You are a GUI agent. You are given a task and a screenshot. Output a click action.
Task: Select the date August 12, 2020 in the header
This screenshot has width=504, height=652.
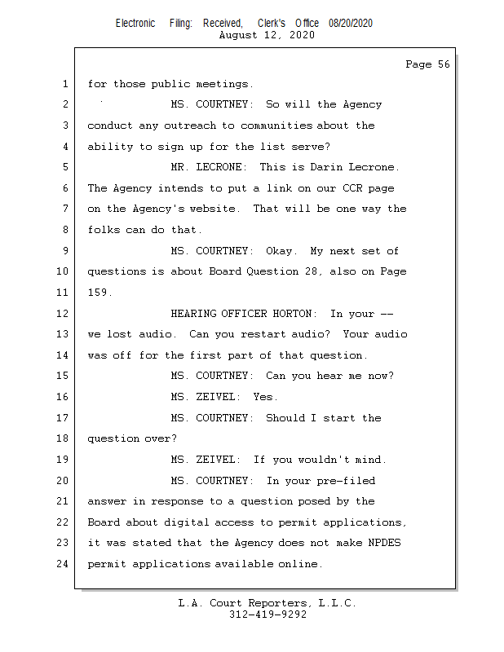coord(267,35)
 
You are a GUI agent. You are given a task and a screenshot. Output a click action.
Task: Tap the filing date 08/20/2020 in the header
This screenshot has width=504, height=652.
coord(351,24)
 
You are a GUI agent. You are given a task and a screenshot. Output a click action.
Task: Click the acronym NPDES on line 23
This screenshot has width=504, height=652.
coord(385,543)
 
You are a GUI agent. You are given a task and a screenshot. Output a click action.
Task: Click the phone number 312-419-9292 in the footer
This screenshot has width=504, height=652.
coord(267,615)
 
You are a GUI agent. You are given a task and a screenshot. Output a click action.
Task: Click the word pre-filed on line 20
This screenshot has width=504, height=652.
coord(347,481)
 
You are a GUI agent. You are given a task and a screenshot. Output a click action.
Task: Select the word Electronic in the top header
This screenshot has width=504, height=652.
coord(135,24)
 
